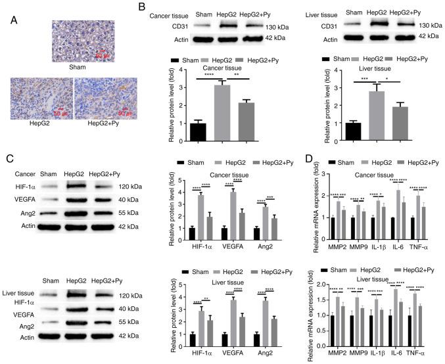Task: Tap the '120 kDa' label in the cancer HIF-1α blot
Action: point(141,186)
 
